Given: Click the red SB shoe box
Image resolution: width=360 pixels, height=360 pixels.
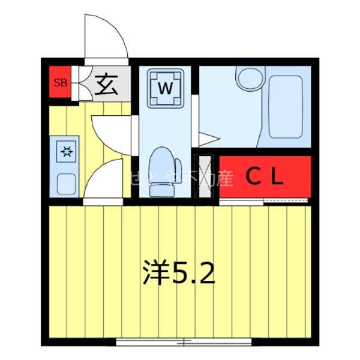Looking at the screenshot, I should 61,83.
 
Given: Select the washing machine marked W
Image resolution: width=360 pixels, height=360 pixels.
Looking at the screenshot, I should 166,88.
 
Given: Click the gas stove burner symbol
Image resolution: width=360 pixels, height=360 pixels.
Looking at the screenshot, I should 65,152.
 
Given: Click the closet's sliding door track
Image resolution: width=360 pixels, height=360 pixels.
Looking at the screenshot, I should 264,200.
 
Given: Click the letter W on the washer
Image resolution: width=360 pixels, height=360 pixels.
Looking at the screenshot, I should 166,88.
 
